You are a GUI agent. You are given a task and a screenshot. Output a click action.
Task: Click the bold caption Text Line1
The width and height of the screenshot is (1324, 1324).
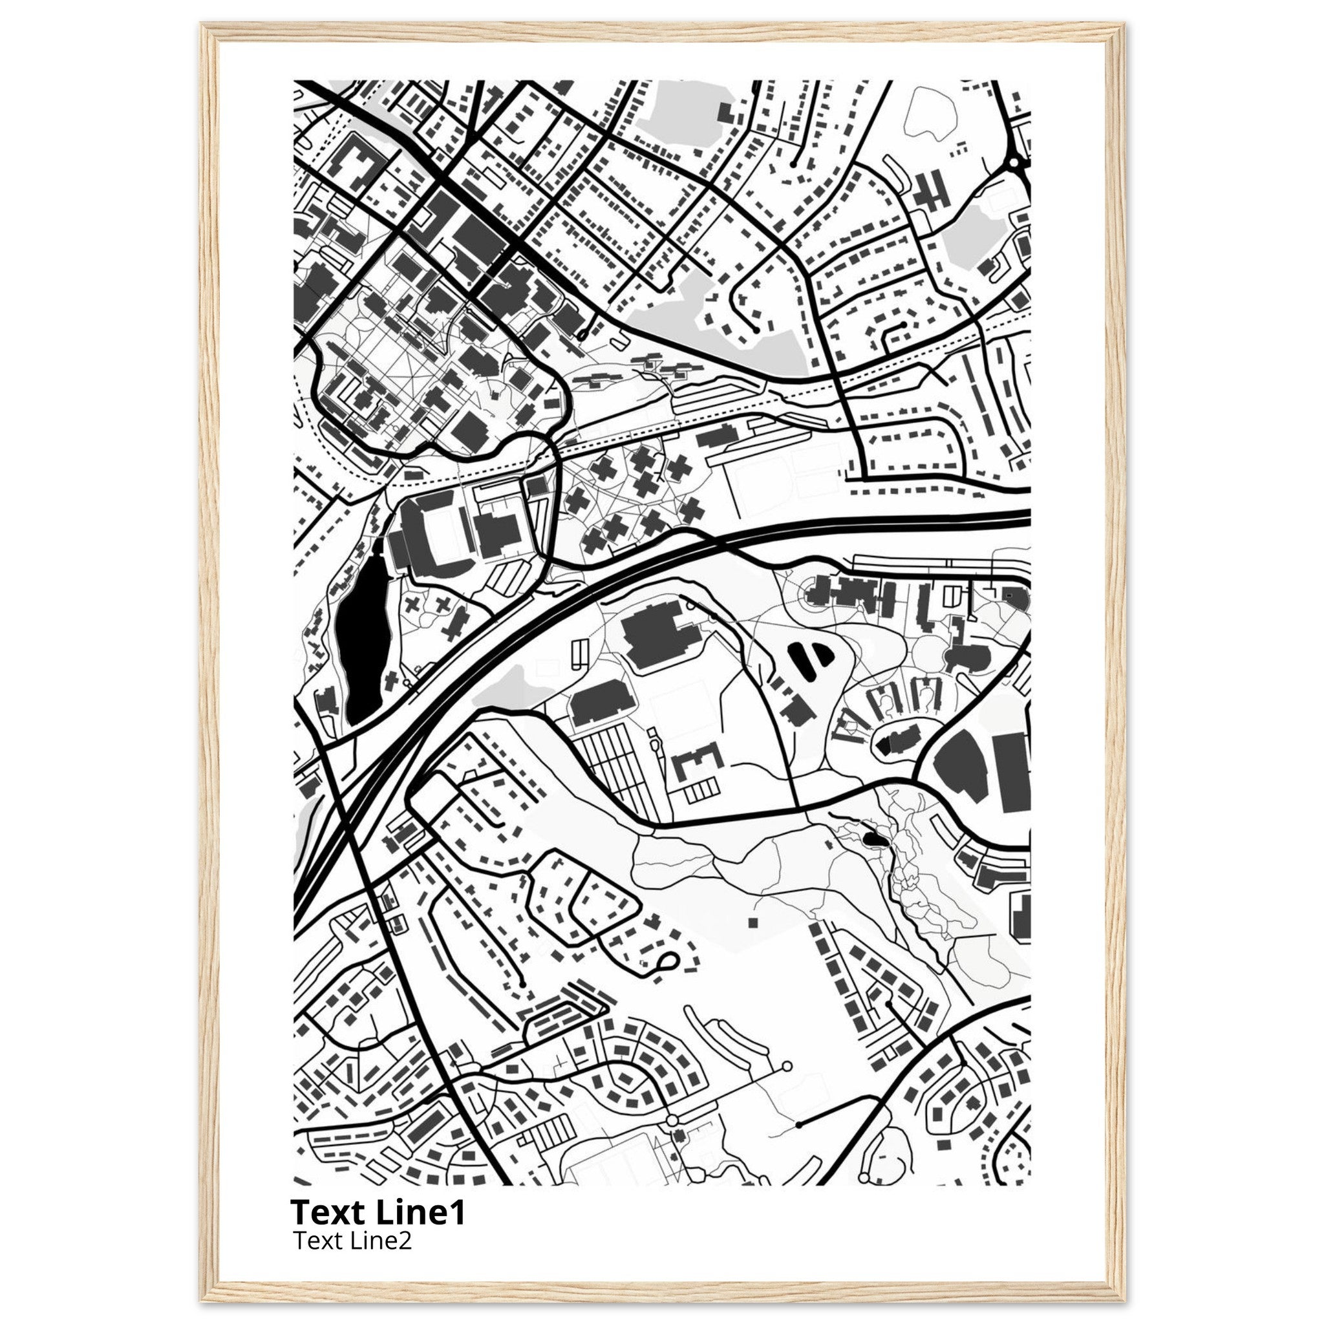(x=378, y=1212)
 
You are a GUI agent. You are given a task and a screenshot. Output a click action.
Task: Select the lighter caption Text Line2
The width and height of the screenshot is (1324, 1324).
(x=352, y=1240)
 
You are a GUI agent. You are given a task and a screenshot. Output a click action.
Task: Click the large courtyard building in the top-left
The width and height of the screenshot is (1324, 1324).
(x=354, y=164)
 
